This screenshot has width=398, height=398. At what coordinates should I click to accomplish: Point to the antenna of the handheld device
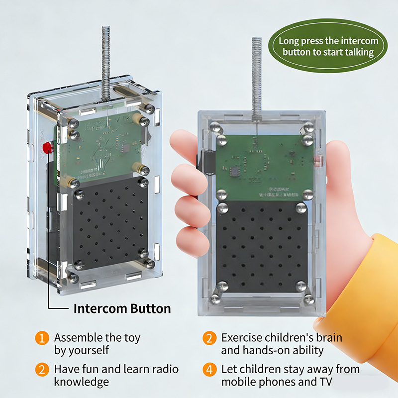[257, 75]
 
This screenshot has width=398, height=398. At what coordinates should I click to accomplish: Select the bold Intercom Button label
[122, 308]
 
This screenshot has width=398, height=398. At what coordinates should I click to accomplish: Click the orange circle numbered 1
[42, 338]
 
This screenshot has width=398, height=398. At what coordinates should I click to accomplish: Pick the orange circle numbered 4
[209, 370]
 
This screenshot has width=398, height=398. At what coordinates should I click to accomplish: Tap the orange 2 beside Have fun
[42, 370]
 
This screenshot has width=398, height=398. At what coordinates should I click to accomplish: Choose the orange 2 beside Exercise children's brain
[209, 338]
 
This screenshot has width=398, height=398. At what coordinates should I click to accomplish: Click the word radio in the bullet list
[164, 369]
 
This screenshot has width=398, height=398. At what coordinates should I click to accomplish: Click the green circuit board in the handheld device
[264, 164]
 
